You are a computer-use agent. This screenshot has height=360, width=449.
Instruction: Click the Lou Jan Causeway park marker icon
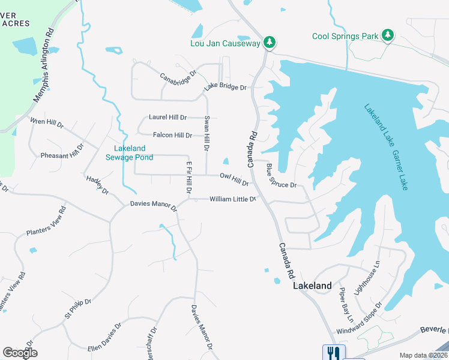point(270,42)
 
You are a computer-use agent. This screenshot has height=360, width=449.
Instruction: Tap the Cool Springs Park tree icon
point(388,35)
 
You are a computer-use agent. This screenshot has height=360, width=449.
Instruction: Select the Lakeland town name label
point(312,286)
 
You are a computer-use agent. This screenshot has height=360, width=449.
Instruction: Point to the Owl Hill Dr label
point(234,179)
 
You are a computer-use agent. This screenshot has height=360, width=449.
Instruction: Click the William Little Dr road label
point(233,199)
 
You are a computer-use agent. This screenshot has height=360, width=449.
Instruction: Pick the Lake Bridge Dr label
point(225,88)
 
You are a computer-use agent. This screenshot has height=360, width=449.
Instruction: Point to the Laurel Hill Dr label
point(167,118)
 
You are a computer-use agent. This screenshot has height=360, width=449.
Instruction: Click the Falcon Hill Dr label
point(172,136)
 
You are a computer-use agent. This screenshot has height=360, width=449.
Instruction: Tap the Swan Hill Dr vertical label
point(206,133)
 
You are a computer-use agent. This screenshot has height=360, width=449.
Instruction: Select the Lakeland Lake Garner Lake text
point(386,148)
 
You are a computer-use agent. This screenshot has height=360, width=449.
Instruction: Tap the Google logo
point(20,352)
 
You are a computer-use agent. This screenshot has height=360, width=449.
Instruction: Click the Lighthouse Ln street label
point(367,277)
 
